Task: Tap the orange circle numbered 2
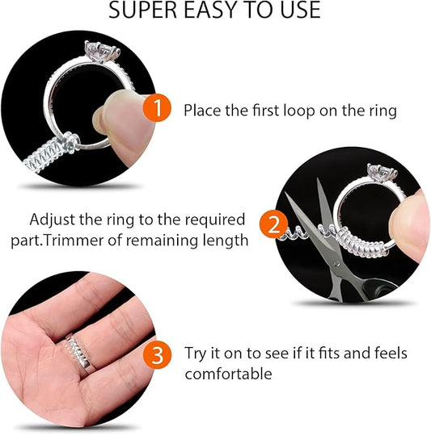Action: click(273, 223)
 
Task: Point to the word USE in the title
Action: click(296, 10)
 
